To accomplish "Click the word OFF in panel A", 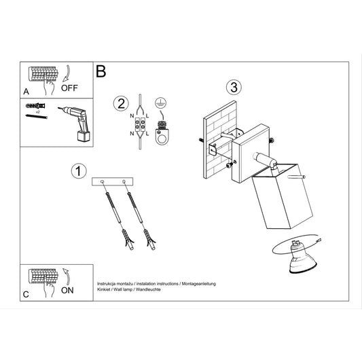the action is pyautogui.click(x=69, y=88).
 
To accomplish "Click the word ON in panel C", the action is pyautogui.click(x=67, y=291).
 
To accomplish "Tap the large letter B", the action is pyautogui.click(x=101, y=71).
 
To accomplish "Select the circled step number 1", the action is pyautogui.click(x=79, y=171).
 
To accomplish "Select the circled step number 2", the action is pyautogui.click(x=121, y=103).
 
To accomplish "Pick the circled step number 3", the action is pyautogui.click(x=234, y=87).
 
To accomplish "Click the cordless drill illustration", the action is pyautogui.click(x=75, y=124).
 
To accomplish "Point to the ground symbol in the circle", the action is pyautogui.click(x=161, y=103).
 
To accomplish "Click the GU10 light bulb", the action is pyautogui.click(x=302, y=259).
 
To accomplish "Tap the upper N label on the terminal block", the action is pyautogui.click(x=132, y=115).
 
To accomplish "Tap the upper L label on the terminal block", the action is pyautogui.click(x=147, y=116).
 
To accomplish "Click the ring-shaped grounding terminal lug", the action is pyautogui.click(x=162, y=137).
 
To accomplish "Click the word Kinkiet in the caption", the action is pyautogui.click(x=104, y=289).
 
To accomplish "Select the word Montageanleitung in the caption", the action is pyautogui.click(x=198, y=284).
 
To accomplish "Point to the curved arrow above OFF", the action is pyautogui.click(x=67, y=73).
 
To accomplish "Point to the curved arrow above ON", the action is pyautogui.click(x=67, y=276).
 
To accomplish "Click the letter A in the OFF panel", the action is pyautogui.click(x=26, y=92).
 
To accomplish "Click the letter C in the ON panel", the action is pyautogui.click(x=26, y=295).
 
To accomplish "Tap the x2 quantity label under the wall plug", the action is pyautogui.click(x=37, y=112).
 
